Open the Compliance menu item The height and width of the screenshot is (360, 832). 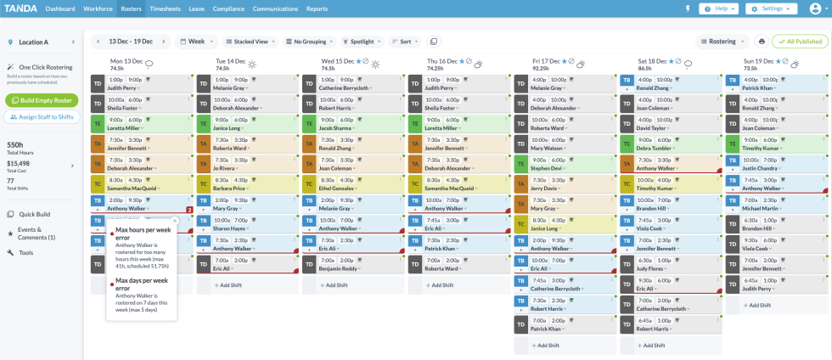[228, 8]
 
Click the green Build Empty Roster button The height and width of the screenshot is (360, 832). [42, 100]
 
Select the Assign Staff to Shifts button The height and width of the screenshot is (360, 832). [42, 117]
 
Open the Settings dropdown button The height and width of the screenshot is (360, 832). [772, 8]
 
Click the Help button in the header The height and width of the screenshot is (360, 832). [718, 8]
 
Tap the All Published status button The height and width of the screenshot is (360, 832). [800, 41]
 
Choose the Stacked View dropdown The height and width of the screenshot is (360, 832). [250, 41]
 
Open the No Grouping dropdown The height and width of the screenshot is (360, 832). [310, 41]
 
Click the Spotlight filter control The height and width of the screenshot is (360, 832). [363, 41]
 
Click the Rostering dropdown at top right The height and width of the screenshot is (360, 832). [722, 41]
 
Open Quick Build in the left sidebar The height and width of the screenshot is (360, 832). [35, 214]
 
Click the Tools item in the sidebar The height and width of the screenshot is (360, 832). [25, 253]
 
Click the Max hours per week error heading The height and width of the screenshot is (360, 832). [139, 233]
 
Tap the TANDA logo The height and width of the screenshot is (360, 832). [20, 8]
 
